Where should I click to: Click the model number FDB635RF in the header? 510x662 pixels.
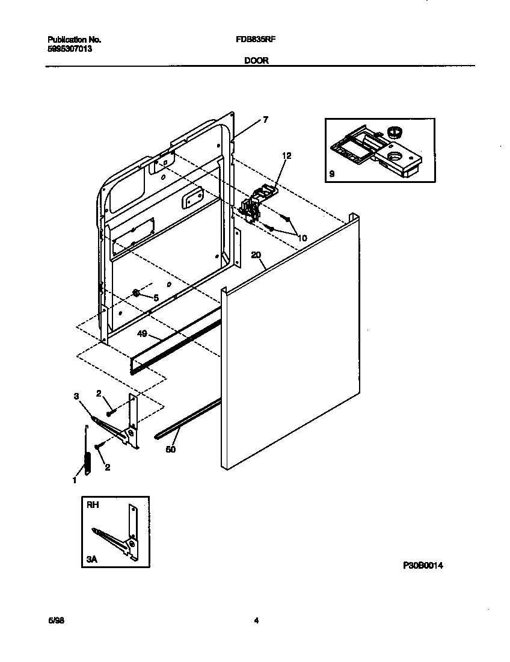click(256, 40)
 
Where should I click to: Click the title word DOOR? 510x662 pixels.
click(256, 60)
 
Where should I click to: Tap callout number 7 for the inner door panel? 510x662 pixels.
click(265, 120)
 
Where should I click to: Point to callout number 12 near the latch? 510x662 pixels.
click(286, 156)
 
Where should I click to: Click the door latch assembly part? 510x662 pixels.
click(256, 205)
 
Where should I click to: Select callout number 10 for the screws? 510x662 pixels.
click(302, 238)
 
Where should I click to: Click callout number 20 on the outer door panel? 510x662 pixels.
click(256, 255)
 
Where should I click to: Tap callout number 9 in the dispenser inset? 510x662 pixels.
click(332, 175)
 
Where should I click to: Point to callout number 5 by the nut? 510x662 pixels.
click(156, 297)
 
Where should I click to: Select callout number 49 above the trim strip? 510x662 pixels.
click(143, 333)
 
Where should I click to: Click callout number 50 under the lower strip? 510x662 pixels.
click(171, 449)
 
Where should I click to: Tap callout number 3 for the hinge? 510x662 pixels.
click(76, 396)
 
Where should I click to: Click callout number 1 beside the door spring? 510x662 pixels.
click(75, 480)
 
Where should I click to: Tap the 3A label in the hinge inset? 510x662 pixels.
click(91, 559)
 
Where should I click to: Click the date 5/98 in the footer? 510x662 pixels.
click(56, 621)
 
